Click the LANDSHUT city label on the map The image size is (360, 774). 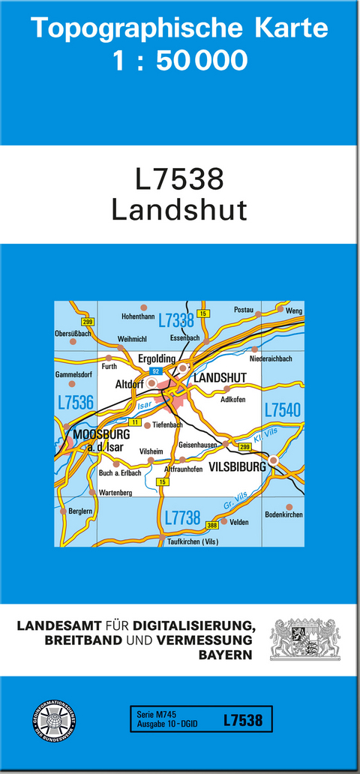tap(220, 379)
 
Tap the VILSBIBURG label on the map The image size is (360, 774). tap(238, 466)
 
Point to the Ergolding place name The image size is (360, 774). tap(157, 359)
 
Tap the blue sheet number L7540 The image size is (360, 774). tap(282, 409)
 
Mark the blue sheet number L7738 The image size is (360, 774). tap(182, 517)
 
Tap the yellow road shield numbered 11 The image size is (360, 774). tap(135, 423)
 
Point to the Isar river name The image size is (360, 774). tap(145, 405)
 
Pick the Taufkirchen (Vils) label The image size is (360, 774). tap(193, 541)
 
